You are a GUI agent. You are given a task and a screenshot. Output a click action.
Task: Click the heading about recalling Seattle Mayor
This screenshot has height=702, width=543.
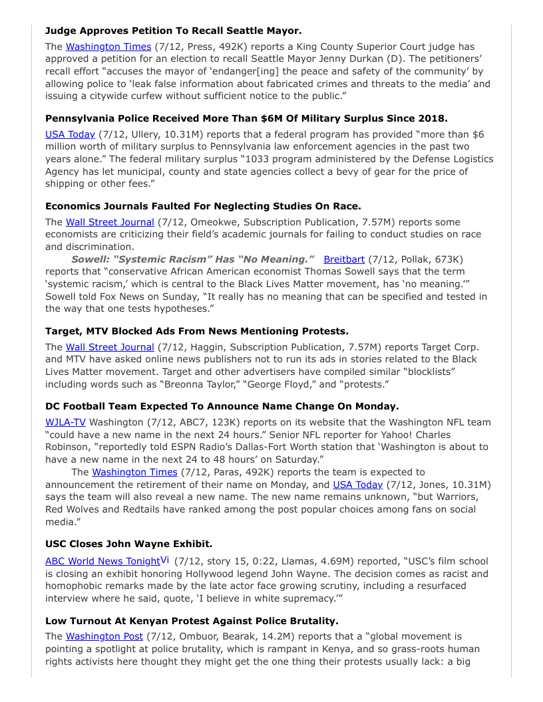click(x=173, y=31)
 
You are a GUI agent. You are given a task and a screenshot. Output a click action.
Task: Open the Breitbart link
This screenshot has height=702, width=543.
click(x=344, y=259)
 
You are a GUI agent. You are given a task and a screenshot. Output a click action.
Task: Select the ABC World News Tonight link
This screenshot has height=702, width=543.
click(x=102, y=561)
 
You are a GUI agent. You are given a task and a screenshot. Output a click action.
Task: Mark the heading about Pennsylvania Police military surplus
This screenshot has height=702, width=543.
click(x=246, y=118)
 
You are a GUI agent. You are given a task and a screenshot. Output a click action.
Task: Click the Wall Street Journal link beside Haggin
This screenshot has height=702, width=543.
click(x=110, y=347)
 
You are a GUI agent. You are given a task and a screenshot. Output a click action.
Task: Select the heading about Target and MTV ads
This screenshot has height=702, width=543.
click(x=197, y=331)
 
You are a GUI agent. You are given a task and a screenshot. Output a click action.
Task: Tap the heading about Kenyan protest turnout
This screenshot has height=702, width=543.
click(x=192, y=620)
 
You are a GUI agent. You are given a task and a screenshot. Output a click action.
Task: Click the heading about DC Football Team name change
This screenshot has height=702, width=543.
click(x=222, y=406)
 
